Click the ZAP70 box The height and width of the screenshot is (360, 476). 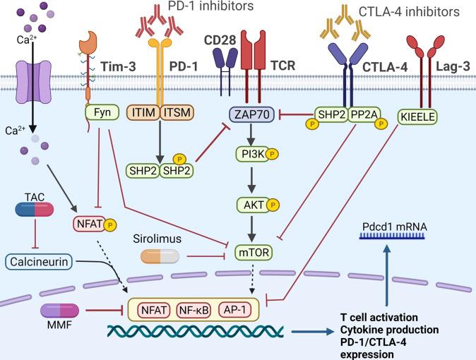(x=251, y=115)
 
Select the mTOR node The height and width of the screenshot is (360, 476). (x=254, y=252)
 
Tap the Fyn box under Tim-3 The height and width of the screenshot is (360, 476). (x=102, y=113)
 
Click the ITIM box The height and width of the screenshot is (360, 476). (x=144, y=113)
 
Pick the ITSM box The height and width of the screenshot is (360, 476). (x=177, y=113)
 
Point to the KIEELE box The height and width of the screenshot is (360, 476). (x=417, y=117)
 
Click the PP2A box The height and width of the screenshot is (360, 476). (x=364, y=114)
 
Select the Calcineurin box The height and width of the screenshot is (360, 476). (x=39, y=262)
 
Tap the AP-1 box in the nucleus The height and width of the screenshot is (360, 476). (x=235, y=310)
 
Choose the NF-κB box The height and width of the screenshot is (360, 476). (x=194, y=310)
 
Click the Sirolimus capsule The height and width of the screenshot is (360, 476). (x=160, y=256)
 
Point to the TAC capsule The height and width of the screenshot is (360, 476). (x=35, y=210)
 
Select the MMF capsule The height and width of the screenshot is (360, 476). (x=60, y=311)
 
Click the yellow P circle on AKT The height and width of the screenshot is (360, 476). (x=273, y=205)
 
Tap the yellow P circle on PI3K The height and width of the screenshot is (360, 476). (x=272, y=154)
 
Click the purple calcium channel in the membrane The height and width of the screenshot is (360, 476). (x=33, y=81)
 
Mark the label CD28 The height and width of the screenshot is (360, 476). (x=220, y=40)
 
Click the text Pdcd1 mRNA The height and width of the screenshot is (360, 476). (x=394, y=227)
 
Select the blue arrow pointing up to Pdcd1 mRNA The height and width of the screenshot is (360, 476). (x=386, y=275)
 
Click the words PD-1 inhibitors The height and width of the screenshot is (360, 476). (x=210, y=6)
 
